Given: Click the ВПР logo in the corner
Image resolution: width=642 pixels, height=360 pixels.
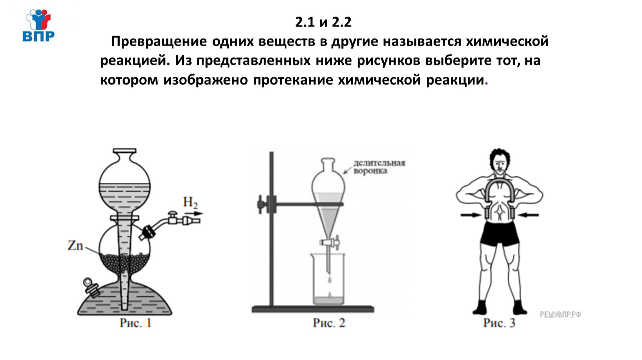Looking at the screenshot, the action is pyautogui.click(x=38, y=25).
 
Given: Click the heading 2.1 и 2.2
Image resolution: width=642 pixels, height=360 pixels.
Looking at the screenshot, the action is pyautogui.click(x=323, y=22).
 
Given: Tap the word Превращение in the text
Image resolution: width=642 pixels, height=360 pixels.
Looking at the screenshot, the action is pyautogui.click(x=159, y=42).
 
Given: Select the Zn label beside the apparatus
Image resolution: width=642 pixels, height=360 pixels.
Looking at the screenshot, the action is pyautogui.click(x=75, y=245).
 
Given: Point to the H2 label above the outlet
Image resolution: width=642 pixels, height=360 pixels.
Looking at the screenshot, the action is pyautogui.click(x=190, y=202).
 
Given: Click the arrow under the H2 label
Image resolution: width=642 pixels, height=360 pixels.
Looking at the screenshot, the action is pyautogui.click(x=193, y=213).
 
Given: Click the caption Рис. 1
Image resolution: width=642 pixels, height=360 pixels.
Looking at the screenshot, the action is pyautogui.click(x=135, y=323).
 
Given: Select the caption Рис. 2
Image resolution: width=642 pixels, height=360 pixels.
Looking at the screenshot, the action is pyautogui.click(x=329, y=323).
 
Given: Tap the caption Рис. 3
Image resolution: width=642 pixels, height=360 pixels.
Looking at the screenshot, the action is pyautogui.click(x=499, y=323).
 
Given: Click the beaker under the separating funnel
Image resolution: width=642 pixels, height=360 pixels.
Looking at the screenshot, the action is pyautogui.click(x=329, y=279).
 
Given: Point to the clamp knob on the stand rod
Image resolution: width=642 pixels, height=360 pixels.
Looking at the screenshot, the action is pyautogui.click(x=261, y=205).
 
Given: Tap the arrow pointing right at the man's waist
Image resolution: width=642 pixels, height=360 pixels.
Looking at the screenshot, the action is pyautogui.click(x=471, y=215).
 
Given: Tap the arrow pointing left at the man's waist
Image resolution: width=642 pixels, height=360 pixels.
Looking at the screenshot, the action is pyautogui.click(x=529, y=215).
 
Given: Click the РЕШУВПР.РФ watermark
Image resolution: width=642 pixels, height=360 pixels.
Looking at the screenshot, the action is pyautogui.click(x=560, y=315).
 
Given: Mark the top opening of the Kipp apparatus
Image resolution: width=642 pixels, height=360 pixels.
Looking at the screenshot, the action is pyautogui.click(x=124, y=151).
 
